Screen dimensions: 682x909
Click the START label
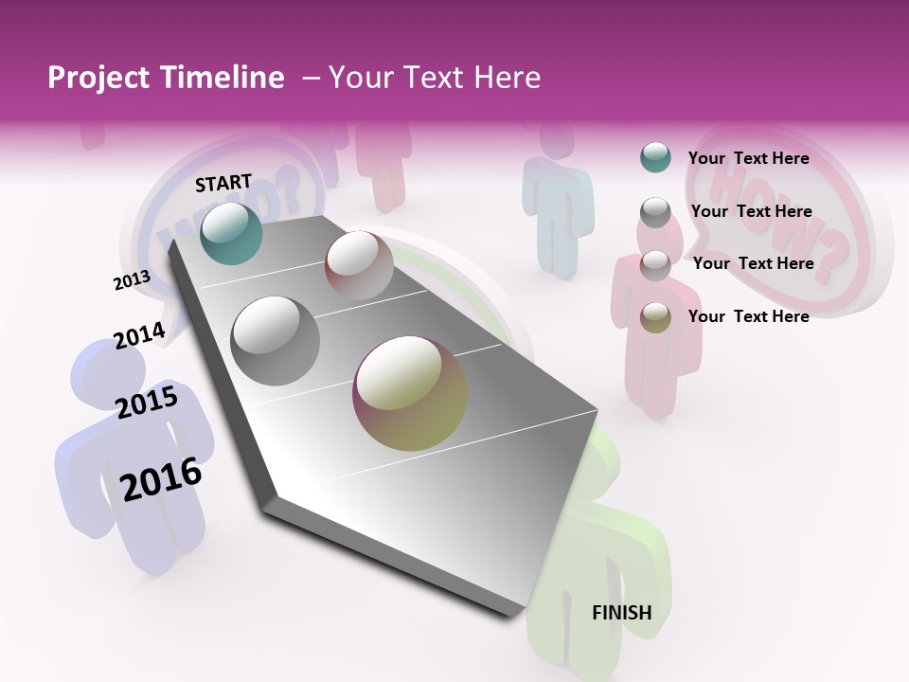(x=223, y=183)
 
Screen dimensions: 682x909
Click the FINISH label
(x=621, y=613)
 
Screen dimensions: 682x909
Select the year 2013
(x=132, y=280)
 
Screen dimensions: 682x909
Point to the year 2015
(x=147, y=403)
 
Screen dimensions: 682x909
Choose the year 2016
(x=161, y=479)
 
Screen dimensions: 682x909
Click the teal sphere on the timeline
(x=231, y=233)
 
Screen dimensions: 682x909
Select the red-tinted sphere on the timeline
(x=359, y=265)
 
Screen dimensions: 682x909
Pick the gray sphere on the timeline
(x=276, y=341)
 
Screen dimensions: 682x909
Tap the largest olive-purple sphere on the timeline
(x=410, y=393)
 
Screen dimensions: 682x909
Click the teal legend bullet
(x=655, y=158)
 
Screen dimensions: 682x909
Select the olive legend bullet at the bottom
(x=655, y=317)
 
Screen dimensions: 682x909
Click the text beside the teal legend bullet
(x=748, y=158)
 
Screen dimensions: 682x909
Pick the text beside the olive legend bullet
(x=748, y=316)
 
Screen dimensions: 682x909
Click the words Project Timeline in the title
(x=166, y=78)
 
